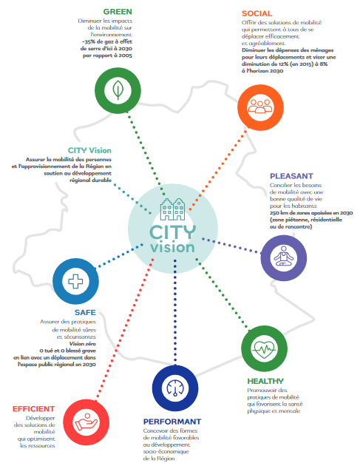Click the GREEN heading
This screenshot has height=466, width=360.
(x=118, y=12)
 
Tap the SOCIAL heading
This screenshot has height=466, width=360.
(x=257, y=13)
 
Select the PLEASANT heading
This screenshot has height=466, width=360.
(x=291, y=176)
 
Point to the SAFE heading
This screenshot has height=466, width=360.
(x=85, y=312)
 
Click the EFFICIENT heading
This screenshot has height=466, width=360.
(x=33, y=408)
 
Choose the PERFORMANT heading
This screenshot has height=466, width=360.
(x=172, y=422)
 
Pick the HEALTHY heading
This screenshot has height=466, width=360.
(x=265, y=381)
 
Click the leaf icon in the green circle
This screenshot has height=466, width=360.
(x=118, y=90)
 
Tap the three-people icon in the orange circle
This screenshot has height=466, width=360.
(x=260, y=107)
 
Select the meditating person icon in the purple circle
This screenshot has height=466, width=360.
(x=284, y=256)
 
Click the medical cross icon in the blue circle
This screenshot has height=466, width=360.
(x=75, y=281)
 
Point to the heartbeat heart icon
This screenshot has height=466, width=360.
(x=264, y=349)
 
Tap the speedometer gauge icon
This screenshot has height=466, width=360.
(x=175, y=388)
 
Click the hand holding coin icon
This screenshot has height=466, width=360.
(x=86, y=422)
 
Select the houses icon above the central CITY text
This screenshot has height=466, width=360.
(x=172, y=209)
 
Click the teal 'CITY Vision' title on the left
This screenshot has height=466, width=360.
(x=89, y=150)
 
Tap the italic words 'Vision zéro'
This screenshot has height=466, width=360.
(x=83, y=344)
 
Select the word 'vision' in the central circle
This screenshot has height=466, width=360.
(x=172, y=247)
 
